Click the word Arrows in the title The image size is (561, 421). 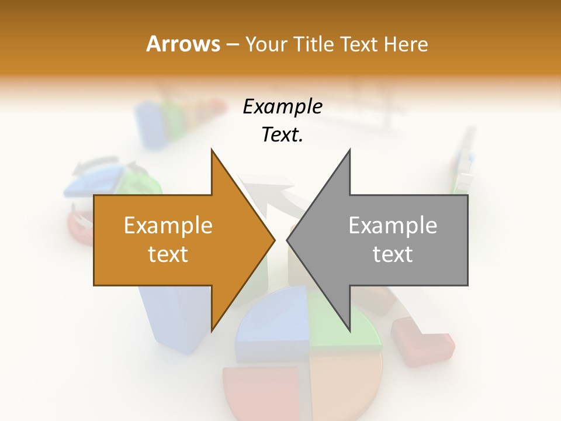pyautogui.click(x=183, y=44)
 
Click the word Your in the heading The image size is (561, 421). pyautogui.click(x=266, y=44)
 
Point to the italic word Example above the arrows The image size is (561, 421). pyautogui.click(x=282, y=107)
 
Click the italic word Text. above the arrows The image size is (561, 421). pyautogui.click(x=282, y=135)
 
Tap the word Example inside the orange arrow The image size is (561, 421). pyautogui.click(x=168, y=226)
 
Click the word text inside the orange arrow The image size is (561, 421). pyautogui.click(x=168, y=254)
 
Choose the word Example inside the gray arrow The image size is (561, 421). pyautogui.click(x=393, y=226)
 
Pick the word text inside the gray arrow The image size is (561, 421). pyautogui.click(x=393, y=254)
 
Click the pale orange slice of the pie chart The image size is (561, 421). pyautogui.click(x=342, y=386)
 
